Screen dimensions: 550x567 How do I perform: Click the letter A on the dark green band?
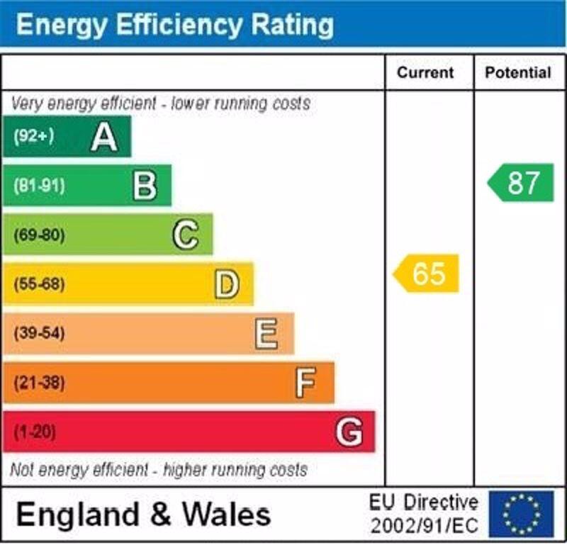click(x=104, y=137)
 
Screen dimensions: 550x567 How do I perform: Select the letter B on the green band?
click(x=145, y=186)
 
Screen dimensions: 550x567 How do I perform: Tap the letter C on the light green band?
click(x=186, y=235)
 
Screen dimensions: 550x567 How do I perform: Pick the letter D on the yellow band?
click(x=227, y=284)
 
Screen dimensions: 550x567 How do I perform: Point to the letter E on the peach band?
click(x=266, y=334)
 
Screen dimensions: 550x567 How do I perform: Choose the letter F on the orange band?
click(x=305, y=383)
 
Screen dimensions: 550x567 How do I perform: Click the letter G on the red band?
click(x=349, y=432)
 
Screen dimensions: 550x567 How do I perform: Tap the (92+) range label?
click(x=33, y=137)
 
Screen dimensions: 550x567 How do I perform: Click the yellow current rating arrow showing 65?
click(x=427, y=274)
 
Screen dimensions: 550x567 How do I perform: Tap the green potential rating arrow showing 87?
click(x=521, y=183)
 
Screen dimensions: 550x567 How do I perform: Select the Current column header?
click(x=425, y=73)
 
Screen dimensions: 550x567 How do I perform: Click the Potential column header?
click(x=518, y=73)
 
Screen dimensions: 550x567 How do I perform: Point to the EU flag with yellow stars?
click(x=521, y=513)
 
